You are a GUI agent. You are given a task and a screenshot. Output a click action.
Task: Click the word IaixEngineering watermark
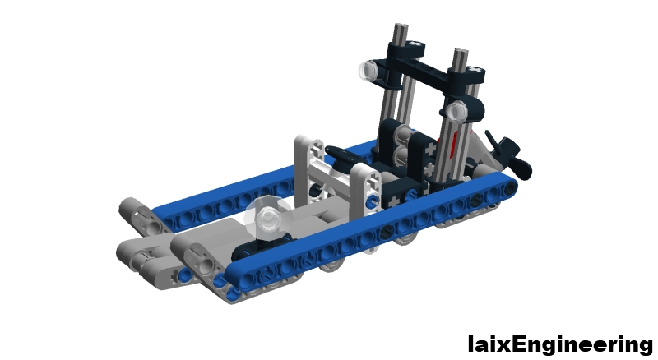point(560,343)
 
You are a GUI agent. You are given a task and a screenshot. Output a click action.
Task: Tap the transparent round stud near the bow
point(267,218)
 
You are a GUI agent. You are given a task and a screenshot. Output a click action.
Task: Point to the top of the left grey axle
point(401,34)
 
